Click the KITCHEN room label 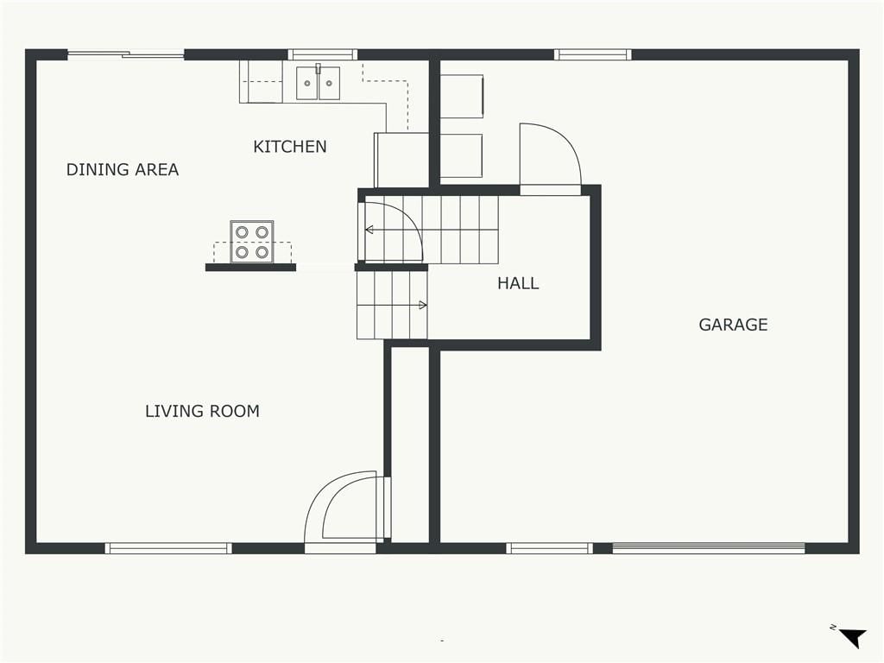290,147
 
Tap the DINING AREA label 123,170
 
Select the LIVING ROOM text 202,411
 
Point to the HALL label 518,283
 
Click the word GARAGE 733,325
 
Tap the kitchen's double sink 318,83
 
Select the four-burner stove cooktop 252,242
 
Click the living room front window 168,548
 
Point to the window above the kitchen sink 323,54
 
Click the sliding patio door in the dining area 126,54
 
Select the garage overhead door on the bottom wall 709,548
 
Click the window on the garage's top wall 592,54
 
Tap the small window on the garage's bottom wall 549,548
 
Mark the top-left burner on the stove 242,231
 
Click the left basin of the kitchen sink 307,84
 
